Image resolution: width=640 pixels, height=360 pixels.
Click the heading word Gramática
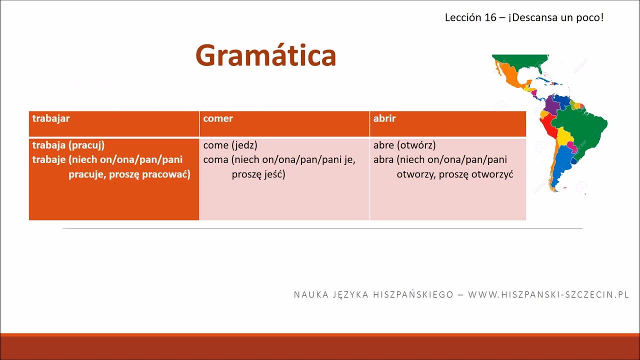[265, 55]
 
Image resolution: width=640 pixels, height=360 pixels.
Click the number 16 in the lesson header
[490, 17]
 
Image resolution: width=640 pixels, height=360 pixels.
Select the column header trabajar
[51, 118]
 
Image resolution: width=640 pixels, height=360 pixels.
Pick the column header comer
[218, 118]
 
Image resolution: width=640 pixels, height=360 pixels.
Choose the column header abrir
[384, 118]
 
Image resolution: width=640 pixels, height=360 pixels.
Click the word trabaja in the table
[49, 145]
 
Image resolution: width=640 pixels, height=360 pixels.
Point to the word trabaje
[49, 159]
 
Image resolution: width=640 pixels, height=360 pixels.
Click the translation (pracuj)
[86, 145]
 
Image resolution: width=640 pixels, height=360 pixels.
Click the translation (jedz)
[244, 145]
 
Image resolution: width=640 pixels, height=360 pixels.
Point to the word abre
[383, 145]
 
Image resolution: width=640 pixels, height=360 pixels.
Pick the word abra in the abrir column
[383, 159]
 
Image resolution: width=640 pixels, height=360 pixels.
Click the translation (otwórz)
[416, 145]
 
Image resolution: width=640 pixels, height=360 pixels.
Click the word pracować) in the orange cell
[166, 174]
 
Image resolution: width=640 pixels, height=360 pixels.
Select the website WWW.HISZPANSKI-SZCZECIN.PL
[548, 294]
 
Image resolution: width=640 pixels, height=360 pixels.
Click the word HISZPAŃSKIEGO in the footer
[413, 294]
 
